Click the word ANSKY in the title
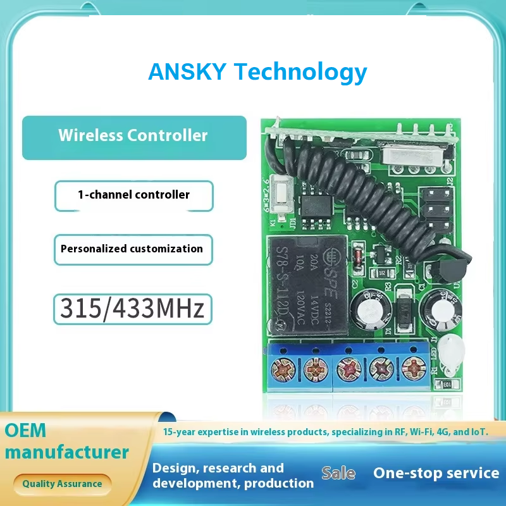pos(187,71)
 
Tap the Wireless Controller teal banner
pos(133,136)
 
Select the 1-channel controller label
pos(133,195)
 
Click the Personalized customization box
pos(132,249)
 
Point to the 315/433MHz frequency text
pos(132,309)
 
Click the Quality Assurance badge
pos(62,484)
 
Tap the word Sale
pos(338,473)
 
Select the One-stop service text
pos(436,472)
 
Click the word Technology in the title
pos(300,71)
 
